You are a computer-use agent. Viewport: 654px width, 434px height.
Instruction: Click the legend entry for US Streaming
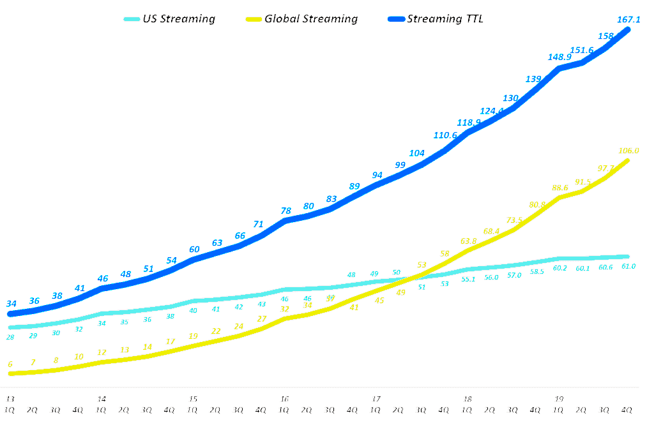[169, 19]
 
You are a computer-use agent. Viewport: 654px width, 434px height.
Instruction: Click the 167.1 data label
[629, 19]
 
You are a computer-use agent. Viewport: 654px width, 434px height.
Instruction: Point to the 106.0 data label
[628, 151]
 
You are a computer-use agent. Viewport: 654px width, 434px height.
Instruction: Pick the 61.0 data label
[628, 266]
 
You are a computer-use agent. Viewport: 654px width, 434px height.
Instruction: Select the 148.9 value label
[559, 57]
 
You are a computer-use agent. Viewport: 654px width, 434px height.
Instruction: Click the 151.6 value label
[582, 50]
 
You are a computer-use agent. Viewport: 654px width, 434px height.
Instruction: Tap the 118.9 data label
[468, 123]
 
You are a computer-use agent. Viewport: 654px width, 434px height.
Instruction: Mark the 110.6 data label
[445, 135]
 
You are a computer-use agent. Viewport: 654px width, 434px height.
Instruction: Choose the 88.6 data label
[559, 188]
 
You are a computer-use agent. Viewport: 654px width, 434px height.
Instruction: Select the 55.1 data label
[468, 279]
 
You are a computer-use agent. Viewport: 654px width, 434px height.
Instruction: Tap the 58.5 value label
[536, 271]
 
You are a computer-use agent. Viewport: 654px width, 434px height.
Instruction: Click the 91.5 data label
[582, 182]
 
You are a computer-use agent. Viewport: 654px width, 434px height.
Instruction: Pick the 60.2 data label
[559, 268]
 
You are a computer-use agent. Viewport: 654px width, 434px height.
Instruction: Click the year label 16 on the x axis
[285, 399]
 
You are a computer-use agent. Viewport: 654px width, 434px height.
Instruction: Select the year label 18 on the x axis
[468, 399]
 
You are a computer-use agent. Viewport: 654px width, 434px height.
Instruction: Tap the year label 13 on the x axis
[10, 399]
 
